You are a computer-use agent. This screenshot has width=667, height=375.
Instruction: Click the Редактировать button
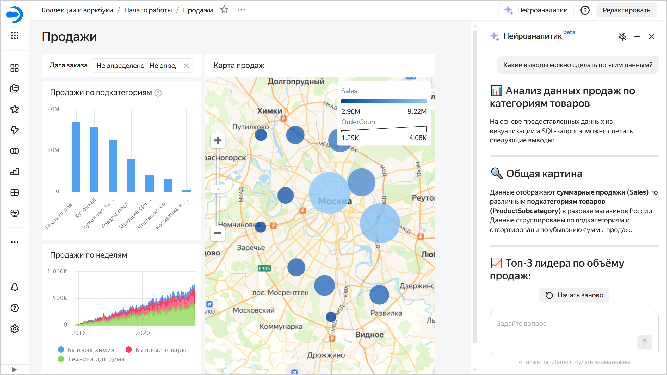pos(626,10)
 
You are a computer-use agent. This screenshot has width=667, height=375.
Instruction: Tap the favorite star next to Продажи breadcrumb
pos(224,10)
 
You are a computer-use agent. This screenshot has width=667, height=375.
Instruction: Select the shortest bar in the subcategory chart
pos(186,191)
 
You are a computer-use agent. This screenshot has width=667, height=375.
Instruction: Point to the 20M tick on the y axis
pos(53,109)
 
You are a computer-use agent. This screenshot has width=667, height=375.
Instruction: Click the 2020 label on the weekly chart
pos(143,333)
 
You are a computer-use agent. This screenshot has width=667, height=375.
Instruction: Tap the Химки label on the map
pos(270,111)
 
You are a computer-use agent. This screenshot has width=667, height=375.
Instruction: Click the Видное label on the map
pos(369,335)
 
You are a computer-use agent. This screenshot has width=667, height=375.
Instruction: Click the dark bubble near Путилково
pos(261,135)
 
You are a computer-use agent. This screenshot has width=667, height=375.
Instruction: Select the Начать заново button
pos(574,295)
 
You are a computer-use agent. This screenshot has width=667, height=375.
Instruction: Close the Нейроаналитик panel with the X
pos(651,37)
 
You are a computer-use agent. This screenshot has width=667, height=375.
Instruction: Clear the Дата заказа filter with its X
pos(186,66)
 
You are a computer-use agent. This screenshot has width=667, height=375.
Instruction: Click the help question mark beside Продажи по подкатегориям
pos(158,93)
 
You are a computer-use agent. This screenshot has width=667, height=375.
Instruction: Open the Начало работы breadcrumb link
pos(148,10)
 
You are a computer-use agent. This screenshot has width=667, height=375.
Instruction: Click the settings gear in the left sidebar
pos(15,329)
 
